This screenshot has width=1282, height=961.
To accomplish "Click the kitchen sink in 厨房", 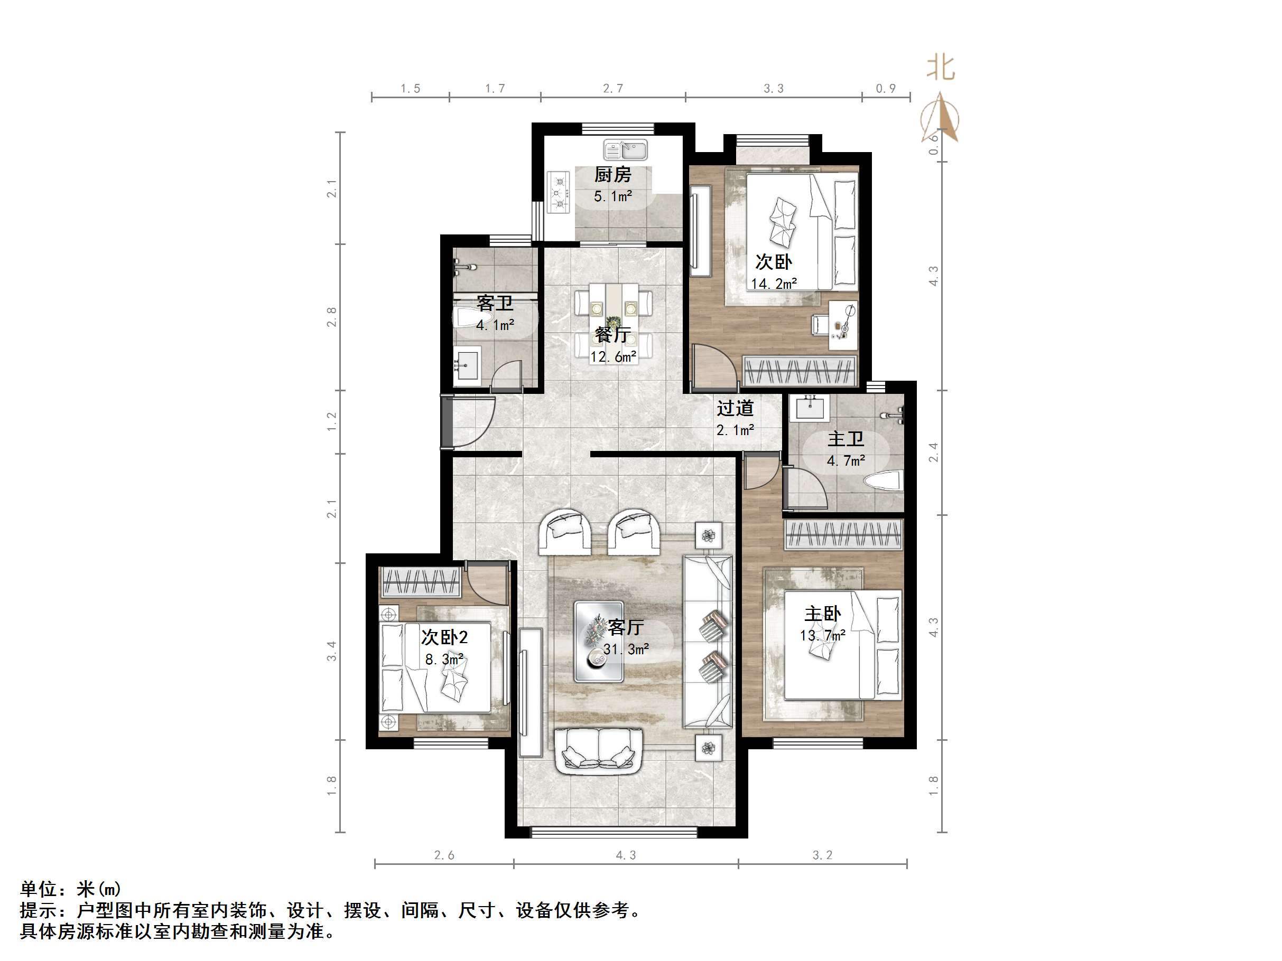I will pyautogui.click(x=625, y=150).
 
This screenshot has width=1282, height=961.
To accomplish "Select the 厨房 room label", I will pyautogui.click(x=612, y=174).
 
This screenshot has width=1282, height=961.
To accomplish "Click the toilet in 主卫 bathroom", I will pyautogui.click(x=884, y=480).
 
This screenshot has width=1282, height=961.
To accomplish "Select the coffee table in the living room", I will pyautogui.click(x=599, y=641).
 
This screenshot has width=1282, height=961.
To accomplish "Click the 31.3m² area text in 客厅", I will pyautogui.click(x=626, y=649).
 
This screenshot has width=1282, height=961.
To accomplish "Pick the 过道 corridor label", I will pyautogui.click(x=735, y=408).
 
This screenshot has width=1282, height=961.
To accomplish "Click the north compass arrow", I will pyautogui.click(x=941, y=119).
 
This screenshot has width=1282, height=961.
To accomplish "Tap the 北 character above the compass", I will pyautogui.click(x=941, y=67).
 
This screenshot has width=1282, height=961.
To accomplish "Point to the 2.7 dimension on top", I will pyautogui.click(x=612, y=89).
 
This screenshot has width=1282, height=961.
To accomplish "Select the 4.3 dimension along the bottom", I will pyautogui.click(x=625, y=855).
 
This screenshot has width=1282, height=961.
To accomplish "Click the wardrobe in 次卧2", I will pyautogui.click(x=421, y=581).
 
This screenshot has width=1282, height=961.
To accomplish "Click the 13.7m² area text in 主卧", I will pyautogui.click(x=822, y=635).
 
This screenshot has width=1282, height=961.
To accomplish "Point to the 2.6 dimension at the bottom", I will pyautogui.click(x=444, y=855).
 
